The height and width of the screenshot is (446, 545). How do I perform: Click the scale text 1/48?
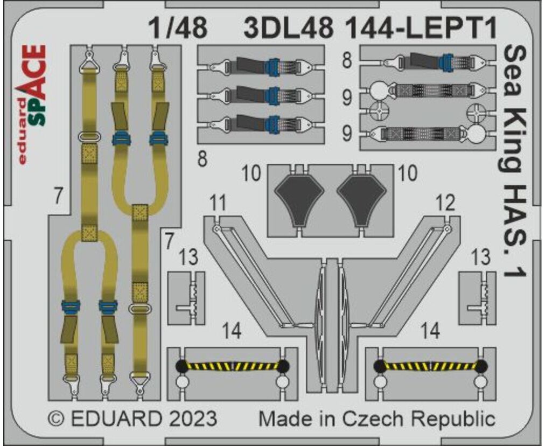(178, 28)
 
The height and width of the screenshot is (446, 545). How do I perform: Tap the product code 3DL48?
(289, 28)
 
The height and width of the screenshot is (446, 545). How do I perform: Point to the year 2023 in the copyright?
(193, 419)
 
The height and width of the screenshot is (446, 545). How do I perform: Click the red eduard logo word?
(22, 131)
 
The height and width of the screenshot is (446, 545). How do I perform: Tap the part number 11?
(218, 203)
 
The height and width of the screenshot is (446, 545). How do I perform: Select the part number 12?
(445, 203)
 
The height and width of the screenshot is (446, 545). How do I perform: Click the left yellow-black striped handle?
(232, 366)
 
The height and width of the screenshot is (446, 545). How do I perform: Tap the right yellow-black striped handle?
(430, 366)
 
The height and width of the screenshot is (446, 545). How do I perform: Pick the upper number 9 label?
(347, 98)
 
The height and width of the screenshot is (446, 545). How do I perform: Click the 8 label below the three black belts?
(202, 159)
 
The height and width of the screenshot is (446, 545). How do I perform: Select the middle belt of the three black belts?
(261, 95)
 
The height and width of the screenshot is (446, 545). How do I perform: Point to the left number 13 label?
(188, 257)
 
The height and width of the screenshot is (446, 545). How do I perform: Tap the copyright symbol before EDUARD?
(55, 419)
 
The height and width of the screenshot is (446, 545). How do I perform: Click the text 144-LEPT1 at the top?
(421, 28)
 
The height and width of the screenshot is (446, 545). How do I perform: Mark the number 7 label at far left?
(58, 196)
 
